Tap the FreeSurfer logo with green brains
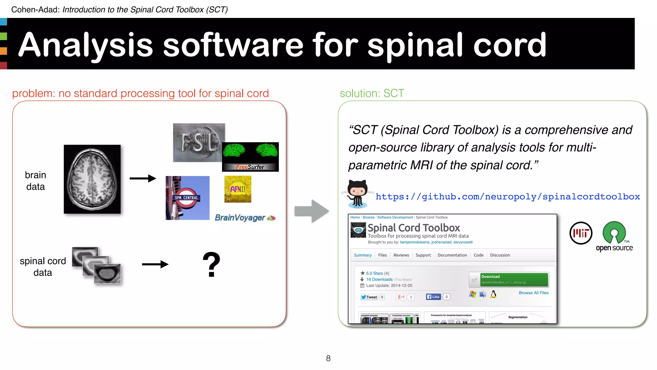click(250, 156)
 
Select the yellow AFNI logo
click(238, 189)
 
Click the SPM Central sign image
click(187, 198)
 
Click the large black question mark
click(211, 264)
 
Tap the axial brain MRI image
click(92, 179)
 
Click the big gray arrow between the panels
click(311, 211)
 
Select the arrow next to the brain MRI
click(143, 178)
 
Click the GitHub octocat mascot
click(357, 194)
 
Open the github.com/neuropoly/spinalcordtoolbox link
click(508, 197)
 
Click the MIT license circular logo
click(581, 233)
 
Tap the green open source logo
click(614, 236)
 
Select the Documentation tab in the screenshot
click(452, 255)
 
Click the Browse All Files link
click(533, 293)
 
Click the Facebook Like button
click(433, 297)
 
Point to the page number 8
click(328, 358)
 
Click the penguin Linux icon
click(493, 294)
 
